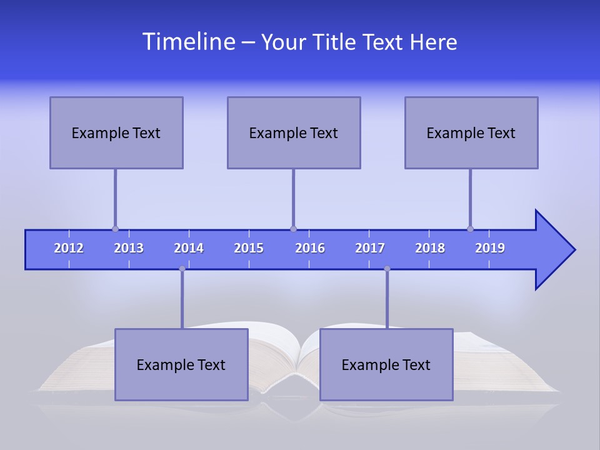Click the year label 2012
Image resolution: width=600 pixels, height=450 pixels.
tap(69, 248)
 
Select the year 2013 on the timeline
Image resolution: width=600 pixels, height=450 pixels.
tap(129, 248)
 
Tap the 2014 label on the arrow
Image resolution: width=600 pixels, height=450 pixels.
tap(189, 248)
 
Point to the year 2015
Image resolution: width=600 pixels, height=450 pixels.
tap(249, 248)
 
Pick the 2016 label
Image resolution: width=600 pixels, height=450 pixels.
tap(310, 248)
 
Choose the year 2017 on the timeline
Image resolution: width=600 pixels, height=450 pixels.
tap(370, 248)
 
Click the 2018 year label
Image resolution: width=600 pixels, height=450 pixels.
tap(430, 248)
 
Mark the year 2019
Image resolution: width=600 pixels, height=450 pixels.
tap(490, 248)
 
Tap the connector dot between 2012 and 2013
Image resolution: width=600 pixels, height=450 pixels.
tap(115, 229)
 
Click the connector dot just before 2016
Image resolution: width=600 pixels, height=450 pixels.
tap(293, 229)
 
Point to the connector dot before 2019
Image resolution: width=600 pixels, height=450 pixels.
tap(470, 229)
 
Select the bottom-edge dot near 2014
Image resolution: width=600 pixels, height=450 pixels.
tap(182, 269)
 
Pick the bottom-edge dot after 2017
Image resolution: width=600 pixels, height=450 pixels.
tap(387, 269)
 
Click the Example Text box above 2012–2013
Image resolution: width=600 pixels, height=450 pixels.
tap(116, 132)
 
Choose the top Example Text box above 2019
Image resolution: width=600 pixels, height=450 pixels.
tap(471, 132)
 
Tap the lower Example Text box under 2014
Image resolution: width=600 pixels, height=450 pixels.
tap(181, 364)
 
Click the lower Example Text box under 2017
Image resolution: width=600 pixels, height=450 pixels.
tap(386, 364)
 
